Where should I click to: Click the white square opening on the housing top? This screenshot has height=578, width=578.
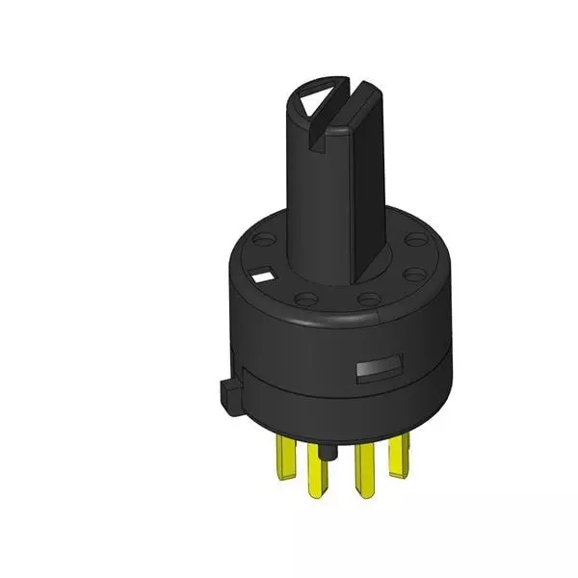click(x=261, y=277)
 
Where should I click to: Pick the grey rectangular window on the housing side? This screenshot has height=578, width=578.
click(x=376, y=368)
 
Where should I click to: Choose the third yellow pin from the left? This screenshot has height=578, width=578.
click(x=364, y=467)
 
